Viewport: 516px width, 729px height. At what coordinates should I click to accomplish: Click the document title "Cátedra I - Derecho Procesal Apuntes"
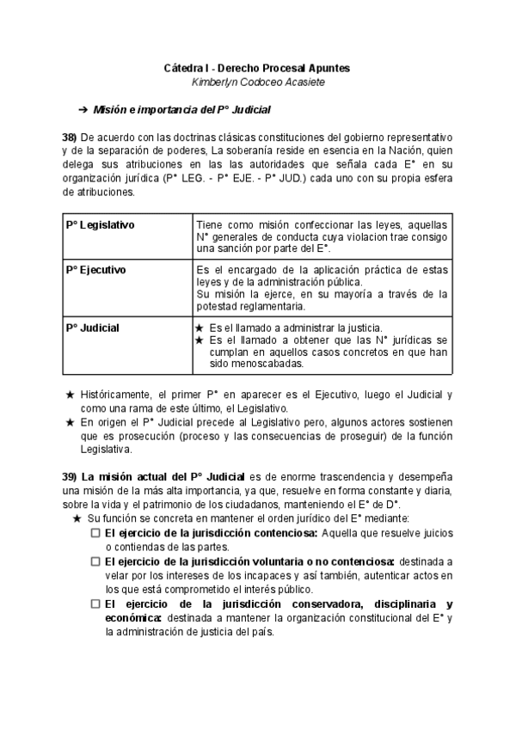[x=257, y=67]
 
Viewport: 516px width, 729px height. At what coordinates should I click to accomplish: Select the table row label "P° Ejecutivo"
[x=95, y=270]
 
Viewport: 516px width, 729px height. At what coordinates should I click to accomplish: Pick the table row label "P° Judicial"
[x=92, y=328]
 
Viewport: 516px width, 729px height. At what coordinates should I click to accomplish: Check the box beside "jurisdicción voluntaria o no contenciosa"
[x=95, y=561]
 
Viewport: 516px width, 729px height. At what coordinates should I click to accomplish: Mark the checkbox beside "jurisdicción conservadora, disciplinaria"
[x=95, y=603]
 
